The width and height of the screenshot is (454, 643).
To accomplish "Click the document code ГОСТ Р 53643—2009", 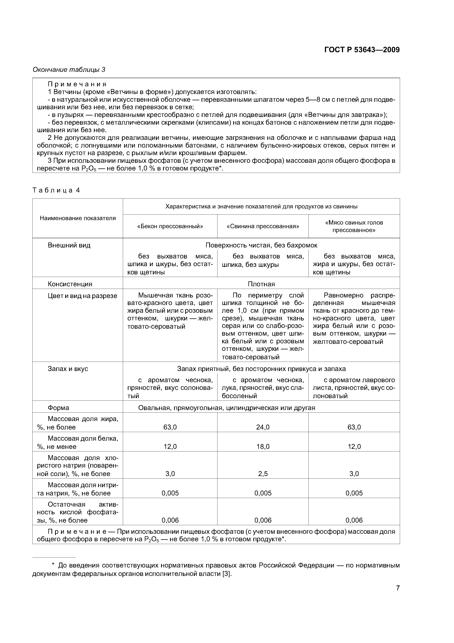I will [362, 50].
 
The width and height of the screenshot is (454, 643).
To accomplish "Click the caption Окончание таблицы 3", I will [69, 70].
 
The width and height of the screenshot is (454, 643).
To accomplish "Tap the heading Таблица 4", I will [56, 190].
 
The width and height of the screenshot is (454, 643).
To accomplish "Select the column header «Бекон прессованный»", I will [170, 226].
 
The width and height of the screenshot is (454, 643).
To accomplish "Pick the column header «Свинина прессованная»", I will [263, 226].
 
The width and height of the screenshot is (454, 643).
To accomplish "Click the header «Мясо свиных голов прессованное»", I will [354, 226].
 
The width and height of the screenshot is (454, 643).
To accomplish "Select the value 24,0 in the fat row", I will [263, 427].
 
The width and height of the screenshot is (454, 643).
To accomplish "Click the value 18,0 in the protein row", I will [263, 446].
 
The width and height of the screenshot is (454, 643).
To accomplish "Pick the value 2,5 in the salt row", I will [263, 474].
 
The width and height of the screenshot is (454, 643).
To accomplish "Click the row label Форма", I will [58, 408].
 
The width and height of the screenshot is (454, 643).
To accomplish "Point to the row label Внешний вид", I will [69, 245].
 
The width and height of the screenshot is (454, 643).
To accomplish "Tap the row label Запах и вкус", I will [68, 369].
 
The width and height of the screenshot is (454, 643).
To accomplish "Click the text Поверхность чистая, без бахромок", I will [261, 245].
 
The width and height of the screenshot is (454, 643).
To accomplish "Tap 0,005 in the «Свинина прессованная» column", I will [263, 493].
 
